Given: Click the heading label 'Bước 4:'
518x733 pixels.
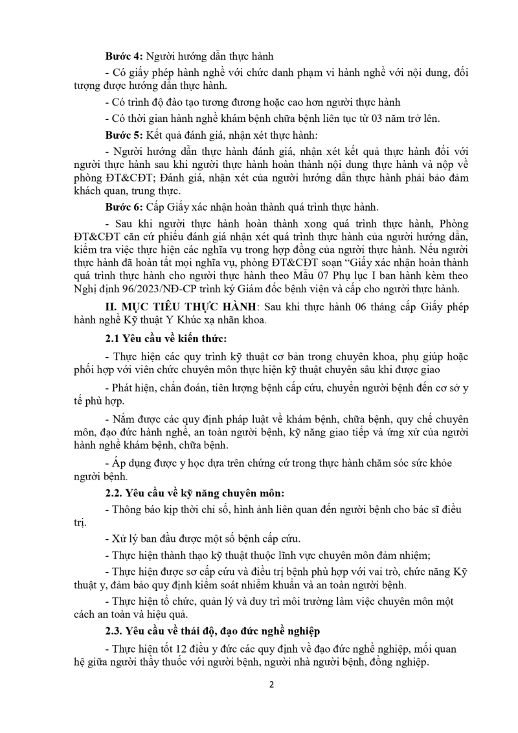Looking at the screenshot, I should click(121, 56).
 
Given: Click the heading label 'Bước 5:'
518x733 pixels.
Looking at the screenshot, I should click(121, 135).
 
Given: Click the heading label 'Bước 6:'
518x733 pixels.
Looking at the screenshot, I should click(121, 207).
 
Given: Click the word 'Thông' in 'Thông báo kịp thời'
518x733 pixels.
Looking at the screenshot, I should click(128, 509).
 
